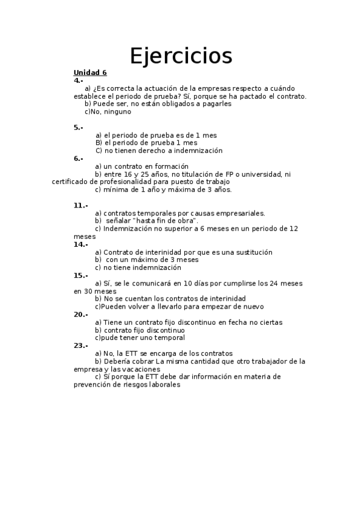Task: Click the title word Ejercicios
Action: (181, 56)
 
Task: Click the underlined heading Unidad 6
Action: (90, 73)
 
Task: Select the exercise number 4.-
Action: (79, 80)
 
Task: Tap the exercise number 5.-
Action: (79, 128)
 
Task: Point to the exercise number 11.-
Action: (81, 206)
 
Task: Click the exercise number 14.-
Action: (81, 244)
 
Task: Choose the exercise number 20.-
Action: (81, 315)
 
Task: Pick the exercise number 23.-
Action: (81, 346)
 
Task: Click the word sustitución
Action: (251, 252)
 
